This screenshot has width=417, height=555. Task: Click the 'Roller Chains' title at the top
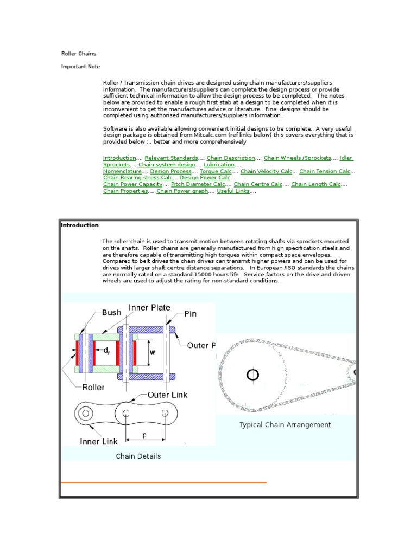pyautogui.click(x=78, y=54)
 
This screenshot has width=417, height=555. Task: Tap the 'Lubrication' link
pyautogui.click(x=219, y=164)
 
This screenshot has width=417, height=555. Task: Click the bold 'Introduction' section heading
pyautogui.click(x=80, y=225)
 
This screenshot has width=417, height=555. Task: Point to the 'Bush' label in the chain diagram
pyautogui.click(x=112, y=313)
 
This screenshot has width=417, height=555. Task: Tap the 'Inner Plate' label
pyautogui.click(x=149, y=308)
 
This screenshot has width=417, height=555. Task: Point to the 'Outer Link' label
pyautogui.click(x=168, y=395)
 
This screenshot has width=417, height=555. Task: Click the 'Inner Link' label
pyautogui.click(x=98, y=441)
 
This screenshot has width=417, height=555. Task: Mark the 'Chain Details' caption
pyautogui.click(x=138, y=456)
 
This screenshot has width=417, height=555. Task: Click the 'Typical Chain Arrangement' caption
pyautogui.click(x=285, y=425)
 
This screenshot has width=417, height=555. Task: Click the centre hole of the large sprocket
pyautogui.click(x=253, y=374)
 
